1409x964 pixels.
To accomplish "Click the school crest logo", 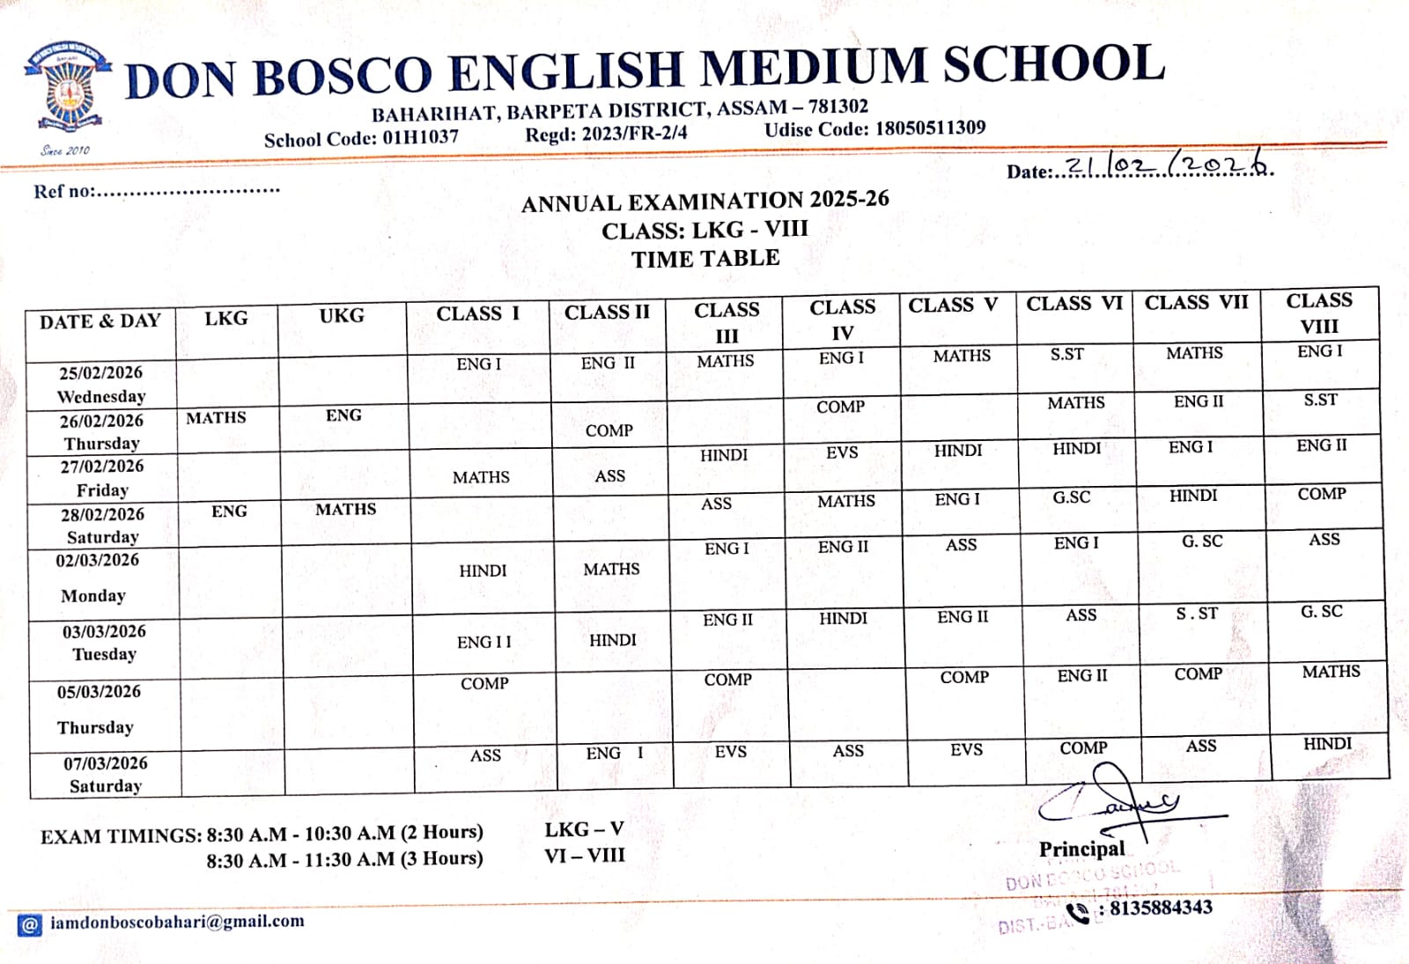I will point(67,86).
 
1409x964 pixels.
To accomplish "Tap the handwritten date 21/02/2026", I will point(1168,166).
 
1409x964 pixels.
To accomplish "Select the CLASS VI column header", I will point(1074,304).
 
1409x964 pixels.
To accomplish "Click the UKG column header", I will point(342,315).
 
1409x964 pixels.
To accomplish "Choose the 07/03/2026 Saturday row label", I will point(106,775).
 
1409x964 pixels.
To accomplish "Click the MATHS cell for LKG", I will point(216,417).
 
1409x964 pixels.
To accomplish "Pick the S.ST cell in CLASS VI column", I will point(1066,354).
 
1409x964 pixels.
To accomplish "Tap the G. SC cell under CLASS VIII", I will point(1321,611).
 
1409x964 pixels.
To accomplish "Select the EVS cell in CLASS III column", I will point(730,752).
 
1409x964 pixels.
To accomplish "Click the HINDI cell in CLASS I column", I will point(483,570).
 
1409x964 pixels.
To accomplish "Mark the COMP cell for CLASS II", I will point(609,430).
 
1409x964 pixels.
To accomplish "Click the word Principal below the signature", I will point(1081,849).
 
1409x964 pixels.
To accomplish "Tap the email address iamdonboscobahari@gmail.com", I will point(177,922).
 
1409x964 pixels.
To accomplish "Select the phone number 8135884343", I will point(1161,908).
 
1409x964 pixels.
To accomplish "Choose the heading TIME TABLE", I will point(705,259).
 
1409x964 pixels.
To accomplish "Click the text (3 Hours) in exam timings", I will point(441,858).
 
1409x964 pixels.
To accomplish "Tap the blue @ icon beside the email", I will point(29,924).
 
